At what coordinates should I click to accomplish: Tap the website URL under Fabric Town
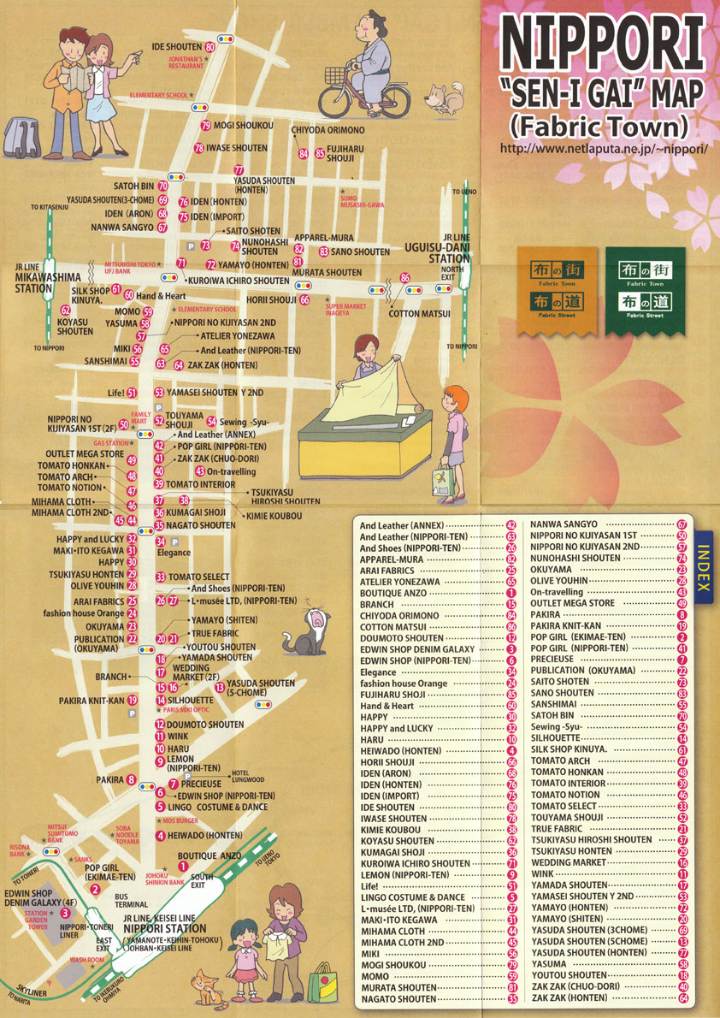pos(603,148)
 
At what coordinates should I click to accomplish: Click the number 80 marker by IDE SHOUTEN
pos(210,46)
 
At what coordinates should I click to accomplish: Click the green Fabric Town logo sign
pos(646,290)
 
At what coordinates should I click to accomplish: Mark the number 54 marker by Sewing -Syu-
pos(211,422)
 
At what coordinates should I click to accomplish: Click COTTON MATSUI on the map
pos(419,314)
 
